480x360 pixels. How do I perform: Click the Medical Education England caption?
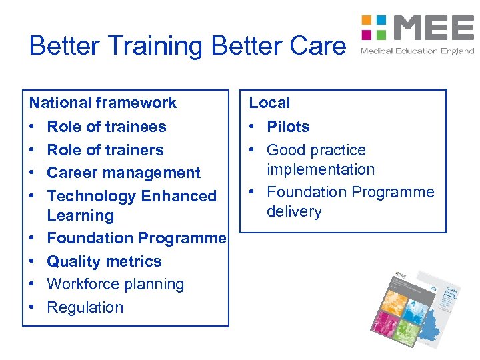417,51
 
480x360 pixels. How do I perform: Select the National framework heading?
103,103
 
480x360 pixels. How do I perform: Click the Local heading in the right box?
269,103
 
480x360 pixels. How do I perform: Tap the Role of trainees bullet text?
107,127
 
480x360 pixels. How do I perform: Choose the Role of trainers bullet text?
105,150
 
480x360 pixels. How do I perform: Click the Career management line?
123,173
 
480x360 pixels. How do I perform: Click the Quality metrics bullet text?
104,261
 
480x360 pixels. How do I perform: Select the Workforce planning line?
115,284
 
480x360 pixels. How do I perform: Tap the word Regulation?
85,307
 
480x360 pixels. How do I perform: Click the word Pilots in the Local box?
288,127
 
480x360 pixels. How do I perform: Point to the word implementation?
321,169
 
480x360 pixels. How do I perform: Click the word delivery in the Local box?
294,212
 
